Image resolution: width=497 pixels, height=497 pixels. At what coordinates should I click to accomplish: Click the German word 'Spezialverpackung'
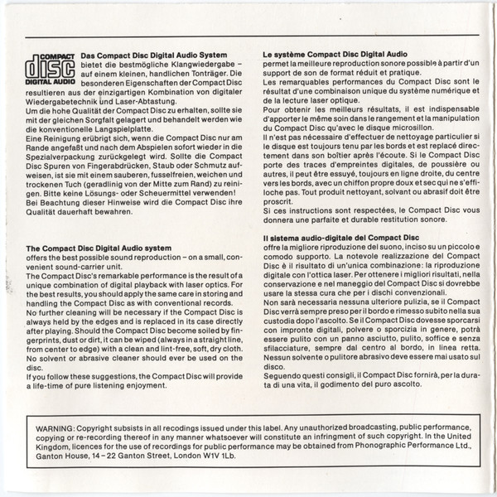(59, 166)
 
